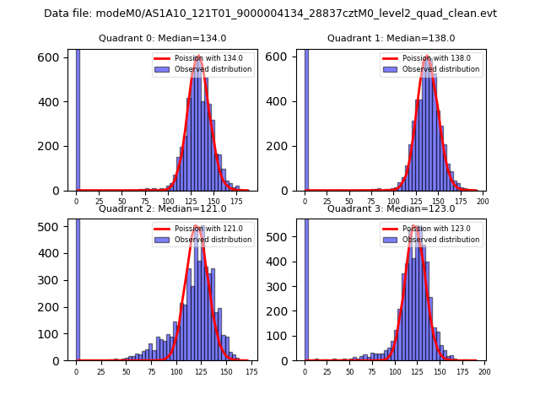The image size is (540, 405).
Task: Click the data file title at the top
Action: pyautogui.click(x=270, y=13)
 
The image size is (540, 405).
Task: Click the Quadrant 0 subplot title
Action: pyautogui.click(x=162, y=38)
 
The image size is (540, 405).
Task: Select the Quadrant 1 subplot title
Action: pyautogui.click(x=391, y=38)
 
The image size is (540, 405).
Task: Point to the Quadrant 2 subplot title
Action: pyautogui.click(x=162, y=208)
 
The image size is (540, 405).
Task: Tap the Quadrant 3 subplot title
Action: pyautogui.click(x=391, y=208)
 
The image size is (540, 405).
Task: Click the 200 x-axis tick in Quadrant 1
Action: pyautogui.click(x=483, y=202)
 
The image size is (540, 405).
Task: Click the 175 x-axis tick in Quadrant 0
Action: pyautogui.click(x=236, y=202)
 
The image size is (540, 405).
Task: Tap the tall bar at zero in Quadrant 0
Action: pyautogui.click(x=78, y=118)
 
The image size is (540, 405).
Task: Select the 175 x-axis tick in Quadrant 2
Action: pyautogui.click(x=251, y=372)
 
